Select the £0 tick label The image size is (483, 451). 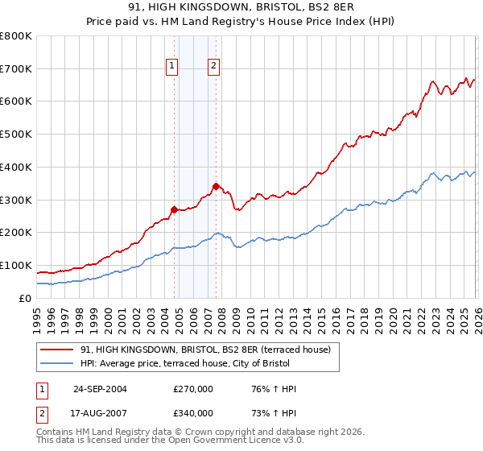tap(26, 298)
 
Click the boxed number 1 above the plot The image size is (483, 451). tap(173, 67)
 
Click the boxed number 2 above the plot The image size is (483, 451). tap(214, 67)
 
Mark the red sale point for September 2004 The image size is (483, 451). tap(174, 209)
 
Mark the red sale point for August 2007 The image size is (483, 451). tap(215, 186)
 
